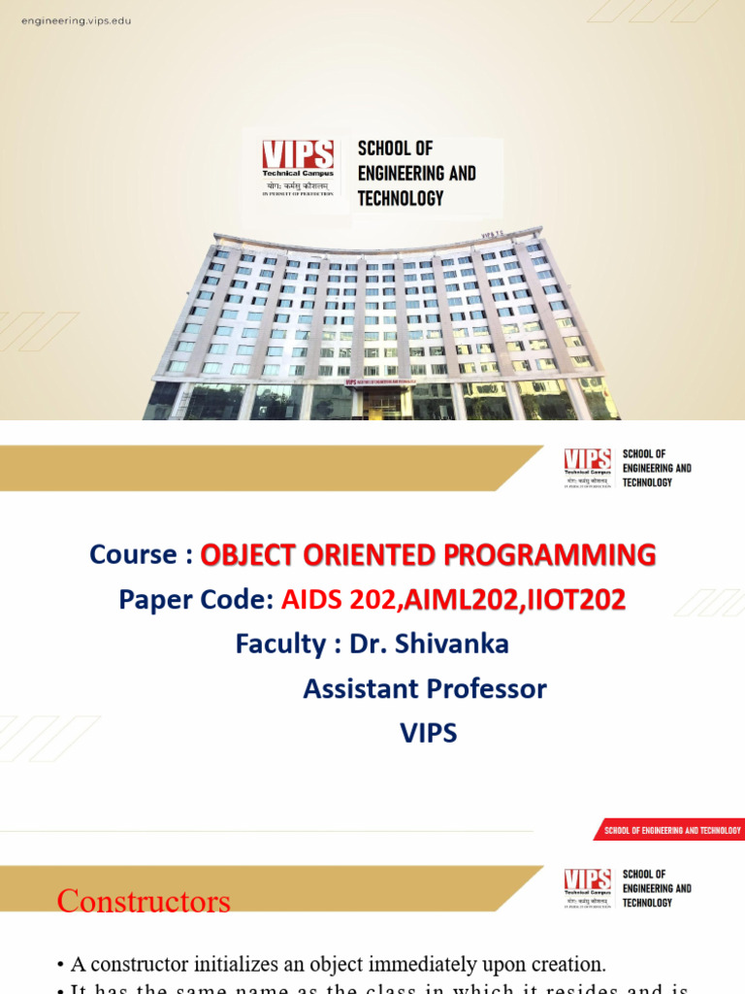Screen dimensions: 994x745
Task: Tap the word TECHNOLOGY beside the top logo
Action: [401, 198]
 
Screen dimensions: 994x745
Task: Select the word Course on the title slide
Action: [133, 554]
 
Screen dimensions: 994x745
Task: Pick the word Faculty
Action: [280, 644]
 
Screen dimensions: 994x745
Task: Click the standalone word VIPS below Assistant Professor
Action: [428, 733]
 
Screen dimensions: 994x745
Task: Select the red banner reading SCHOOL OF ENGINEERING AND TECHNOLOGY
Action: [671, 830]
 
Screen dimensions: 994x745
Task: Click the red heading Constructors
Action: [144, 901]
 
